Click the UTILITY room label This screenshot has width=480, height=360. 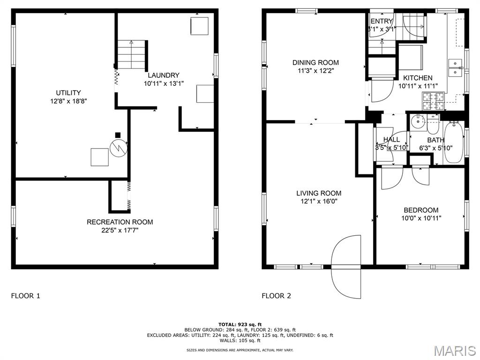click(68, 93)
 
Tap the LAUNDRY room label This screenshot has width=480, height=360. click(164, 75)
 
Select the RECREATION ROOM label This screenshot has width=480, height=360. click(120, 222)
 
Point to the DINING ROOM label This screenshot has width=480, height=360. click(315, 63)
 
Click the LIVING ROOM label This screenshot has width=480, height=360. click(319, 193)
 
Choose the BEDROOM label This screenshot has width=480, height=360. click(421, 210)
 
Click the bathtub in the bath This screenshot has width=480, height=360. click(453, 142)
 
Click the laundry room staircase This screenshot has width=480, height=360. click(132, 55)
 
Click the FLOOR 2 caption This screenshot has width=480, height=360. click(276, 296)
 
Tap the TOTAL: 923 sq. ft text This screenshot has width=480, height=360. click(240, 324)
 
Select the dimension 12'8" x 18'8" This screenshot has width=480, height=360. click(68, 101)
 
